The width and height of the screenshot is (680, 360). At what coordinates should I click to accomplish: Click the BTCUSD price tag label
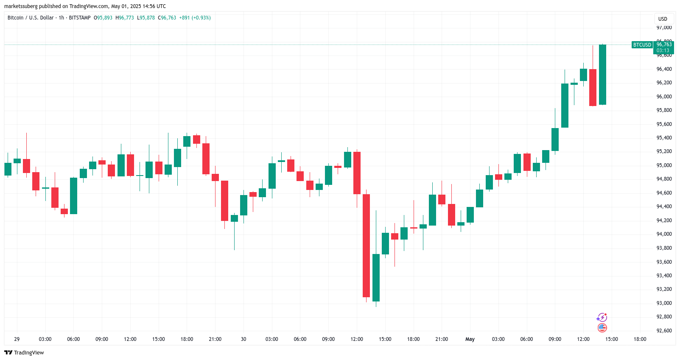pos(642,45)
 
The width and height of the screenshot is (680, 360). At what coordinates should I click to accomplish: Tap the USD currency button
pos(663,19)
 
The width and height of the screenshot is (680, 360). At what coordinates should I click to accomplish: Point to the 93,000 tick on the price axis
pos(664,303)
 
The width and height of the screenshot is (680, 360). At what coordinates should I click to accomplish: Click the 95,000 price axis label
pos(664,165)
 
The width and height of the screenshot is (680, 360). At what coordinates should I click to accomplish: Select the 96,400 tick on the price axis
pos(664,69)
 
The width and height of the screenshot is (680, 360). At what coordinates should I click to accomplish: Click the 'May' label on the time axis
pos(470,339)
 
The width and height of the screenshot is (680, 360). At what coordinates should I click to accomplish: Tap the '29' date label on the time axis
pos(17,339)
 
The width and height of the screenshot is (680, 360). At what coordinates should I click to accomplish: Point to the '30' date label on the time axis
pos(243,339)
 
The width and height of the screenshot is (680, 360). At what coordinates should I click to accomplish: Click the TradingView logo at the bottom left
pos(24,353)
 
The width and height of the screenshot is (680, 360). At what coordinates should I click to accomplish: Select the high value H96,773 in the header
pos(125,18)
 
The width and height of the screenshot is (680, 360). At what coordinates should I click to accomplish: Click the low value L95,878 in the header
pos(146,18)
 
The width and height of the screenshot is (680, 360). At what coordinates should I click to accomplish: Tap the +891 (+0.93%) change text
pos(195,18)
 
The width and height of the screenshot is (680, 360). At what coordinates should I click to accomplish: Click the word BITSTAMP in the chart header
pos(80,18)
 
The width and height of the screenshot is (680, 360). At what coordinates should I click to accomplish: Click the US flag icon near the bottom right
pos(602,328)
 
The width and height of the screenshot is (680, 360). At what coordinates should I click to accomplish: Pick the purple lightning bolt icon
pos(602,318)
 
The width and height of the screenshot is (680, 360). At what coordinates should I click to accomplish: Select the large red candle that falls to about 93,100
pos(366,246)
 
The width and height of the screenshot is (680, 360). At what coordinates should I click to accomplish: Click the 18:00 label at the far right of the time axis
pos(640,339)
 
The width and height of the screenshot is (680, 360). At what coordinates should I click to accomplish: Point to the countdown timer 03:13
pos(663,50)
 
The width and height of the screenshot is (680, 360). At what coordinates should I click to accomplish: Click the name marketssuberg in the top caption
pos(21,6)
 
